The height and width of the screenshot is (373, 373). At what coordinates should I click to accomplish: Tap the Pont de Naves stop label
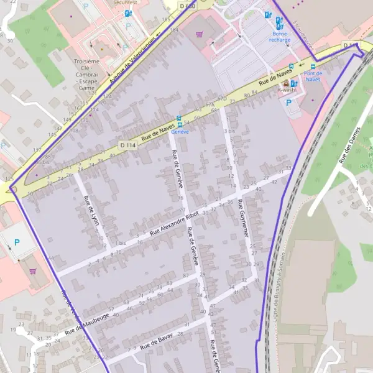313,76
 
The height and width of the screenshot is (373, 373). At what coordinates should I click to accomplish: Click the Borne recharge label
280,36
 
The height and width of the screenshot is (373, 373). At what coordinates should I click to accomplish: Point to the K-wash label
287,90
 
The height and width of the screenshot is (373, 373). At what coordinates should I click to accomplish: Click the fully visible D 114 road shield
127,145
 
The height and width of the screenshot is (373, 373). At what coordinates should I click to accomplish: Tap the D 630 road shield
186,6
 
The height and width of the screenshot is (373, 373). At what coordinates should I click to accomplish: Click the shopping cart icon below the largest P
32,271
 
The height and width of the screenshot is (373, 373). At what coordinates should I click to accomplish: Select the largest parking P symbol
17,242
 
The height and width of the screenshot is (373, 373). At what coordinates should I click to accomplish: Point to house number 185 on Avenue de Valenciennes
165,20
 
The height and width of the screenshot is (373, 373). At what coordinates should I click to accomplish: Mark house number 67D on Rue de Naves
210,105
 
